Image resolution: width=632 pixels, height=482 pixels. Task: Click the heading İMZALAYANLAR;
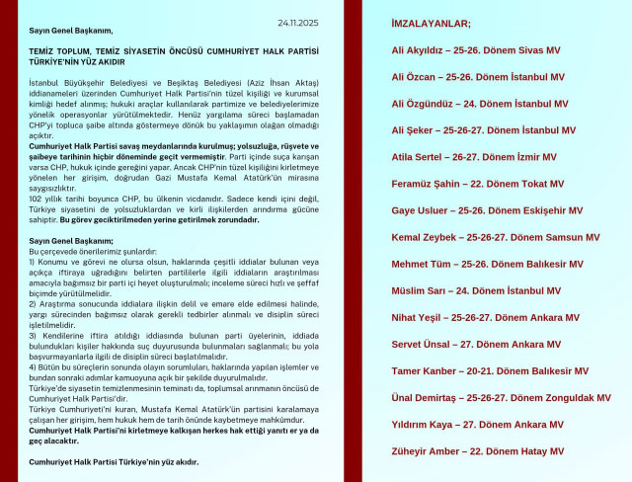(432, 23)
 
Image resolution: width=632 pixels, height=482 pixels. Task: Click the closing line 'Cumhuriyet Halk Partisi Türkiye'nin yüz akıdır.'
(114, 461)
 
